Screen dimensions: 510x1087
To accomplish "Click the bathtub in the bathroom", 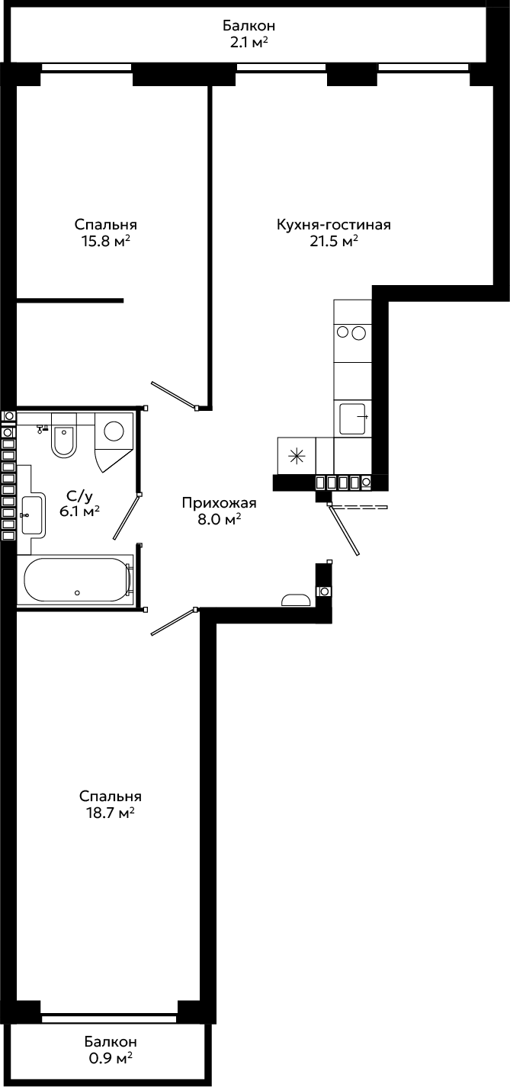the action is (77, 580).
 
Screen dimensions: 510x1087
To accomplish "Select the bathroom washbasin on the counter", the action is (32, 515).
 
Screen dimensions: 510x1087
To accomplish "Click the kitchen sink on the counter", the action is (352, 418).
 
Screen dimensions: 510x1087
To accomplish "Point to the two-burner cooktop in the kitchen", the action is (352, 332).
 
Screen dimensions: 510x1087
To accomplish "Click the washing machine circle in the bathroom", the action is (114, 431).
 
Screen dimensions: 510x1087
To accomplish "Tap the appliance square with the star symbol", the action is (296, 455).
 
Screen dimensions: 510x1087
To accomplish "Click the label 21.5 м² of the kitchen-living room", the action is (334, 241).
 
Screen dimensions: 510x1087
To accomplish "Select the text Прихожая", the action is (219, 504).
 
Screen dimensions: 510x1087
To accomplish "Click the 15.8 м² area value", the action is (106, 241).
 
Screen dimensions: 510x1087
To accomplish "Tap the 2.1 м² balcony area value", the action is (249, 43).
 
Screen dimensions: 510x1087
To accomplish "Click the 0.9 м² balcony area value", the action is (110, 1058).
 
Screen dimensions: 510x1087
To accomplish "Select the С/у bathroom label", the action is (79, 496).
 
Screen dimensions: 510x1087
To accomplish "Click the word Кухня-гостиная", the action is (334, 225).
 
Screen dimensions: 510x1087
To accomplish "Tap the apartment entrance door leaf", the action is (344, 530).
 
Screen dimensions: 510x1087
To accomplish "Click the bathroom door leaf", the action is (127, 517).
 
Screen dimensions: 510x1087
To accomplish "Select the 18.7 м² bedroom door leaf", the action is (173, 622).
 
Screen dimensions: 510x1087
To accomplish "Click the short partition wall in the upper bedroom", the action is (70, 301).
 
